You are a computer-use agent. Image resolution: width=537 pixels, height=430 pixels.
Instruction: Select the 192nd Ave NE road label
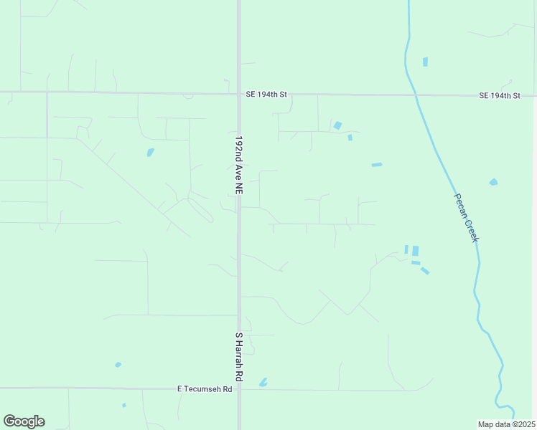click(239, 164)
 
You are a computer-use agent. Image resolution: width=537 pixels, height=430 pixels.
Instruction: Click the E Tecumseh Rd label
click(205, 389)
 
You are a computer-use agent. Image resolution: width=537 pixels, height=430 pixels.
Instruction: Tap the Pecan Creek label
click(465, 217)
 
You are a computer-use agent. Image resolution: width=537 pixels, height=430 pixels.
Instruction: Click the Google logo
click(24, 421)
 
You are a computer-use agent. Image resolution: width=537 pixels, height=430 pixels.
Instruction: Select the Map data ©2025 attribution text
click(506, 424)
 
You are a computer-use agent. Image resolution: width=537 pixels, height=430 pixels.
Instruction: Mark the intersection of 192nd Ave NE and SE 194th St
click(239, 93)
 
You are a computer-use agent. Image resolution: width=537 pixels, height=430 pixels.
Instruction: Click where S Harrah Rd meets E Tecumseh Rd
click(239, 390)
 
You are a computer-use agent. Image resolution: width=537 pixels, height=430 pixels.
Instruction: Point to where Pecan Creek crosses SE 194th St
click(415, 95)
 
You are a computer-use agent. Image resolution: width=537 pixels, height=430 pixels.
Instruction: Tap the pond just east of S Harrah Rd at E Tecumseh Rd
click(263, 383)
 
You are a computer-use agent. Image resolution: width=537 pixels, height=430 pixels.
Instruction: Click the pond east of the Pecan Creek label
click(493, 182)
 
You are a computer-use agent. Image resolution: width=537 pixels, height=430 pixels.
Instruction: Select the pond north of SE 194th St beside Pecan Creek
click(425, 62)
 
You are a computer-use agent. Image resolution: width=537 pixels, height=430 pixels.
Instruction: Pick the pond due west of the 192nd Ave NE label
click(150, 152)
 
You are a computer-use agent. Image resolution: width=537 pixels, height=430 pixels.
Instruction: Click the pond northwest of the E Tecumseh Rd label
click(118, 365)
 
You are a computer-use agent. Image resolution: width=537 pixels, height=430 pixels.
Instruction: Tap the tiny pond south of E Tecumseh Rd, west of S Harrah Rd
click(124, 405)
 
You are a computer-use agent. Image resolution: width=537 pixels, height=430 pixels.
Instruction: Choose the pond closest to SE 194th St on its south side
click(337, 125)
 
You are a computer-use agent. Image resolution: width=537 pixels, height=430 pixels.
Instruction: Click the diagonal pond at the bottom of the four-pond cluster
click(425, 270)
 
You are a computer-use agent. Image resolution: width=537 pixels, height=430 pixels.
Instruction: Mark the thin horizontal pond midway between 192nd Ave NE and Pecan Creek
click(377, 165)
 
